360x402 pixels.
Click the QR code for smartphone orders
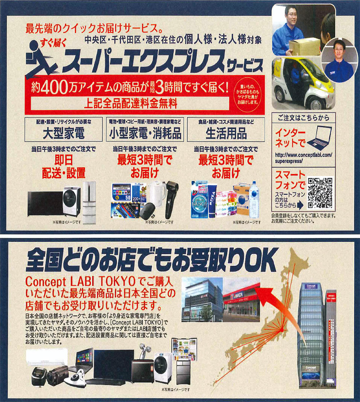320,193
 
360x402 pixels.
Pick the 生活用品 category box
226,129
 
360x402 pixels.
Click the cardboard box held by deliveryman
304,46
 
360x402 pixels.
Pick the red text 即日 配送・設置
64,167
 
